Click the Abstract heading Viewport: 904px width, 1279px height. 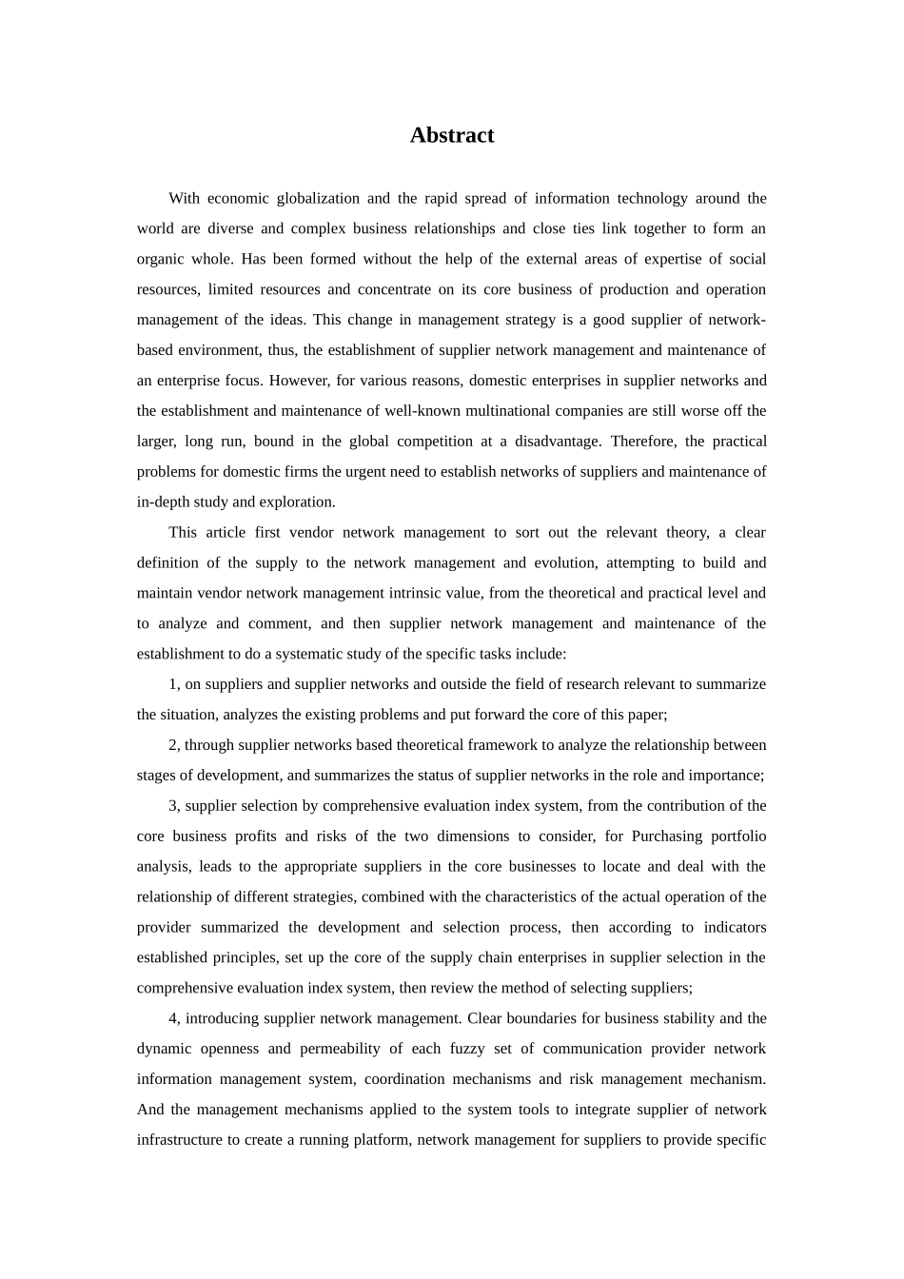pyautogui.click(x=451, y=135)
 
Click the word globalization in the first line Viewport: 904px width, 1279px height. pyautogui.click(x=317, y=198)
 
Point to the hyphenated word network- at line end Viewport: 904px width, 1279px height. pyautogui.click(x=740, y=320)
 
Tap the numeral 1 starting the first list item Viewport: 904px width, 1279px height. pyautogui.click(x=172, y=684)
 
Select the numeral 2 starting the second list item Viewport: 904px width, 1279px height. pyautogui.click(x=172, y=745)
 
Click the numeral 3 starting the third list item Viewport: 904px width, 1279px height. pyautogui.click(x=172, y=806)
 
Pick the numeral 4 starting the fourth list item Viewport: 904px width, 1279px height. pyautogui.click(x=172, y=1018)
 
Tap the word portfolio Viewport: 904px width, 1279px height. pyautogui.click(x=739, y=836)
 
